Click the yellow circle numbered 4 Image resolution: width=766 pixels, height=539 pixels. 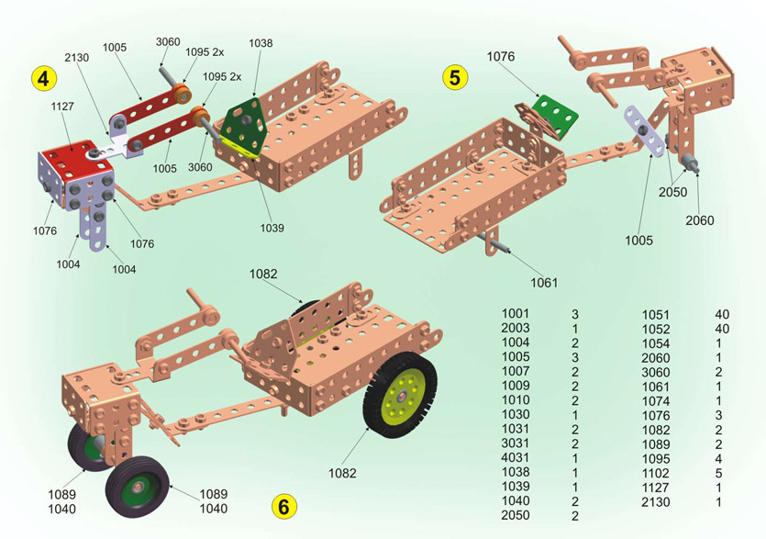pos(42,77)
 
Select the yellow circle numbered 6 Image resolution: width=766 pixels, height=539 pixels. pos(283,506)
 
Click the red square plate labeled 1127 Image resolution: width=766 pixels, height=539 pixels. pos(74,152)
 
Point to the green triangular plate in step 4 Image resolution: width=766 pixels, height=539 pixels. pos(245,119)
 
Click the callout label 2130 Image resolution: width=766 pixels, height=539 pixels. pos(77,57)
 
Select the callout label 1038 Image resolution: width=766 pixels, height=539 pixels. pos(261,43)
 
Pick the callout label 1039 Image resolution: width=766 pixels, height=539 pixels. pos(272,227)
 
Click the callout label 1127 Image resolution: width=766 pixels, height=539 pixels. pos(63,106)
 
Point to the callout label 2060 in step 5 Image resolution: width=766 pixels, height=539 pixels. pos(699,220)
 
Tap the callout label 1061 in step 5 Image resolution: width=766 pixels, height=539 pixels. pos(543,282)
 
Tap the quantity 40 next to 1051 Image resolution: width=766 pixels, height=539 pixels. pos(722,314)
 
